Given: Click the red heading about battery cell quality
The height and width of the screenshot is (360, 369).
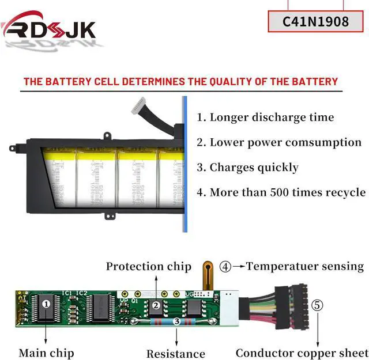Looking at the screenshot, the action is coord(180,81).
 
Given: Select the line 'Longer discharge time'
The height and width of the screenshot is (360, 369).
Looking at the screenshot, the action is coord(265,118).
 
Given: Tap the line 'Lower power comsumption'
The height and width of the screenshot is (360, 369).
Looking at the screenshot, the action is coord(279,142).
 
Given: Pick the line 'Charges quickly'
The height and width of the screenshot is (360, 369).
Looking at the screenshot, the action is coord(247,168).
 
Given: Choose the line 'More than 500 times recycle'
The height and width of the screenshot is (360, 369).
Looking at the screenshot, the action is coord(281,192).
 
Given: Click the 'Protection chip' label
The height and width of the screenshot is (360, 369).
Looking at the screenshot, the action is coord(148,267).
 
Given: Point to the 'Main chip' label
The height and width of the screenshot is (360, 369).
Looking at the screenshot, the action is coord(46,352).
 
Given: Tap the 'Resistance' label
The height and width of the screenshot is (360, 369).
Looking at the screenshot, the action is coord(175,354).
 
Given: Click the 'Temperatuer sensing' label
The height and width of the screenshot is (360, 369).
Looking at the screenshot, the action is coord(305,267).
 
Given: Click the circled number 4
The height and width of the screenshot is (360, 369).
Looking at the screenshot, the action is coord(225,267).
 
